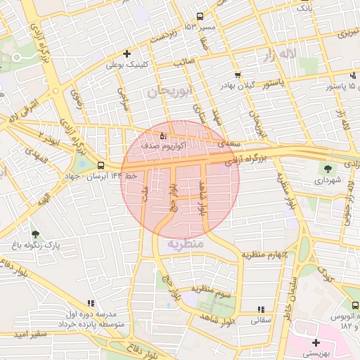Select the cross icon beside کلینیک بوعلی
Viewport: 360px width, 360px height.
(127, 53)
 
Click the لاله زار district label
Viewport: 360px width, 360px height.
(276, 54)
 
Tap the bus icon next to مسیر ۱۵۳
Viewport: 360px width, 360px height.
(200, 16)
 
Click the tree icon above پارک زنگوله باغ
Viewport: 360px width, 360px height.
(35, 234)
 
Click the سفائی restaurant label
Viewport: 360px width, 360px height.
(261, 320)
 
